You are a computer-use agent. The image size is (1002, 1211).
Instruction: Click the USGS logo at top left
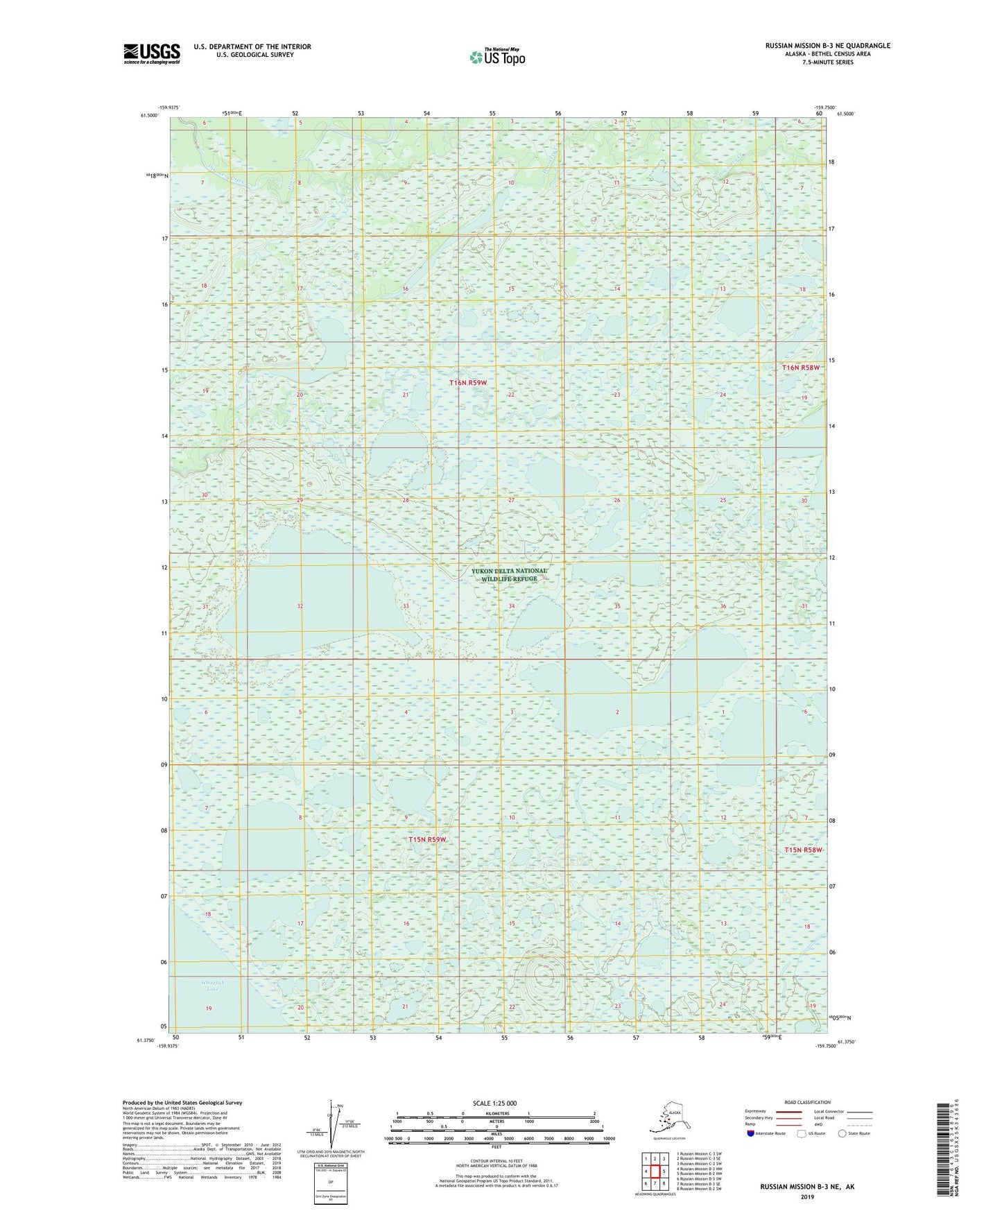[151, 53]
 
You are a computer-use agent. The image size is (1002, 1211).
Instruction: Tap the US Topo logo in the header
[497, 57]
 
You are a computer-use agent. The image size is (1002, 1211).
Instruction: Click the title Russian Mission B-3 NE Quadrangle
[827, 46]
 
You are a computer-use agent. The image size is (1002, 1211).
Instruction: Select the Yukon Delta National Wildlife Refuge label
[509, 575]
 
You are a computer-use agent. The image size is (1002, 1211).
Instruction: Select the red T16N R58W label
[804, 368]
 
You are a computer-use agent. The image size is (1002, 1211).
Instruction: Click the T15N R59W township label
[427, 839]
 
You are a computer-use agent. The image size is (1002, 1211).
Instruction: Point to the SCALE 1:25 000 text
[494, 1103]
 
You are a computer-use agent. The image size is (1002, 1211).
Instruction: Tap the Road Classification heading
[807, 1102]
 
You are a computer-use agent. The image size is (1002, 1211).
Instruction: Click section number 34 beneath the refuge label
[511, 606]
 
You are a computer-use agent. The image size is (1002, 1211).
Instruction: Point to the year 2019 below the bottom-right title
[806, 1196]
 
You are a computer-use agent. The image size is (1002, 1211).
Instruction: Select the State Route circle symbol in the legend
[843, 1133]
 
